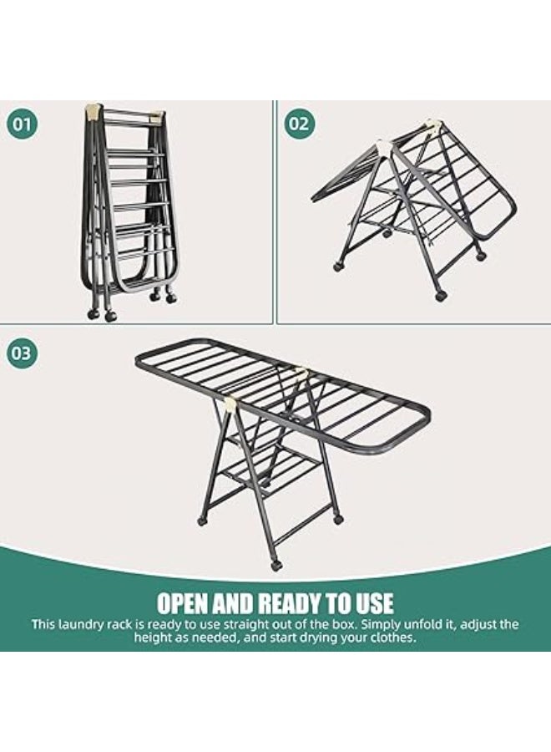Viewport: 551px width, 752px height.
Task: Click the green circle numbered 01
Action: click(x=22, y=124)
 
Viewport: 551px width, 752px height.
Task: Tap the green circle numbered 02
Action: click(x=300, y=124)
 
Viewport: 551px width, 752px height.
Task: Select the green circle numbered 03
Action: click(x=22, y=353)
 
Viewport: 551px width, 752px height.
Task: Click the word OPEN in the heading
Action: click(x=183, y=602)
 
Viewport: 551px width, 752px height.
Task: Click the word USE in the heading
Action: click(x=374, y=602)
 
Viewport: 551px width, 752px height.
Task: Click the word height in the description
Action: click(x=151, y=638)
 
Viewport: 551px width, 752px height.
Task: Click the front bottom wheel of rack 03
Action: click(x=276, y=565)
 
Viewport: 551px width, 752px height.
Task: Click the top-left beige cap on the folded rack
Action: click(x=94, y=111)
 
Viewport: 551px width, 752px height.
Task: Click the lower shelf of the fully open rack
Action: click(x=271, y=471)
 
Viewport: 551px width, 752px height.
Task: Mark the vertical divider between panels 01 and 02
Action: click(x=275, y=211)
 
